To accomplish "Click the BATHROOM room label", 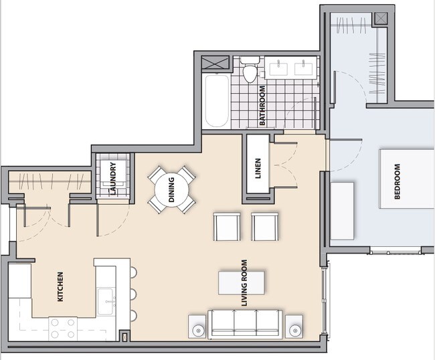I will [x=263, y=106].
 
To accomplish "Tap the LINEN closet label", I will [x=258, y=169].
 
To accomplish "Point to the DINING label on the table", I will [x=172, y=189].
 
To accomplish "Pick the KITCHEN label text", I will [x=60, y=286].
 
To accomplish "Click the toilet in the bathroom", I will [x=250, y=70].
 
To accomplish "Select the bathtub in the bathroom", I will [x=216, y=100].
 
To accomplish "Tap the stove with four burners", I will [x=62, y=328].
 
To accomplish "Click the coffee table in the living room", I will [x=242, y=282].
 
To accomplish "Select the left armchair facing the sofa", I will [x=226, y=226].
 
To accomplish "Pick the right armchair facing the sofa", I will [x=264, y=226].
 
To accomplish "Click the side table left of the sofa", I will [x=197, y=327].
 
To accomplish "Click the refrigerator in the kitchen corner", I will [x=19, y=281].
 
